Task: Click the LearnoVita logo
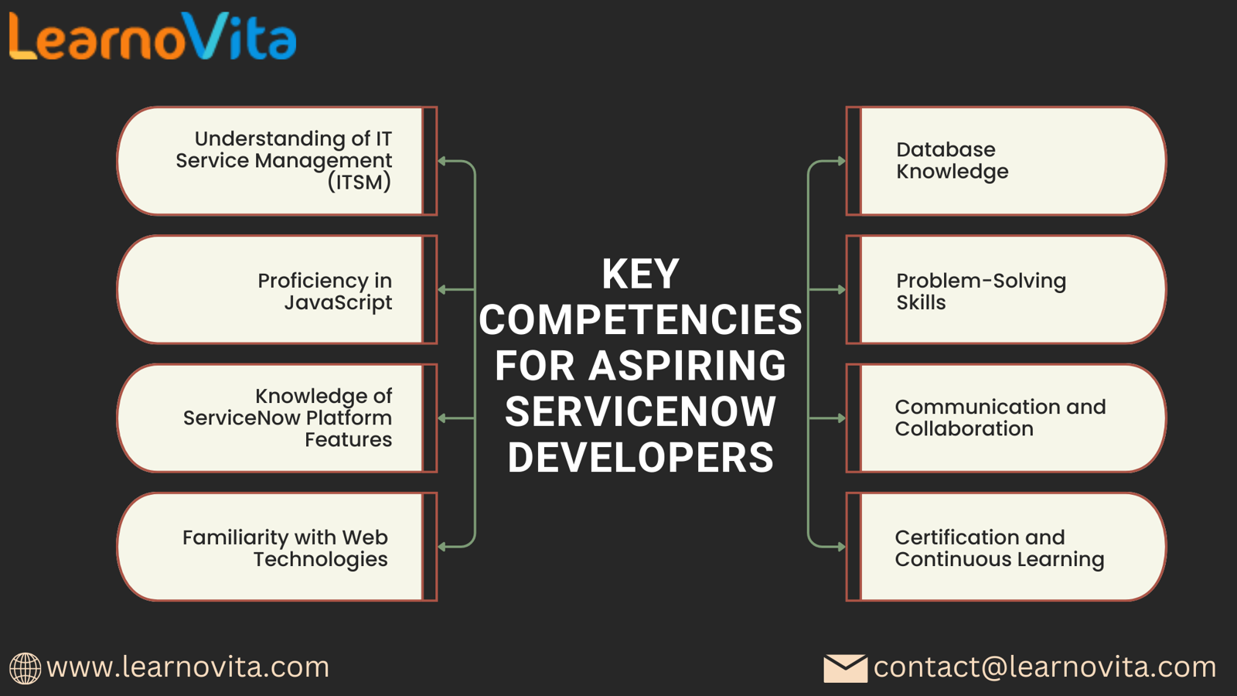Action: tap(152, 36)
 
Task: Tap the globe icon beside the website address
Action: tap(25, 668)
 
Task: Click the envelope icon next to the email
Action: tap(845, 668)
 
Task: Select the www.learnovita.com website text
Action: tap(188, 667)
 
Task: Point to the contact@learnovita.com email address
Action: tap(1044, 667)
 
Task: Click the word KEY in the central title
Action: tap(640, 274)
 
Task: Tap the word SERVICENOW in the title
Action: tap(640, 411)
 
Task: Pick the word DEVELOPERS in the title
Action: tap(641, 457)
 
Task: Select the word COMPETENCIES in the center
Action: tap(640, 320)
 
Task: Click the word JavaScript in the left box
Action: tap(338, 302)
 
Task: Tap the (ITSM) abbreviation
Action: tap(360, 182)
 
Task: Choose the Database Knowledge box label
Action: tap(952, 161)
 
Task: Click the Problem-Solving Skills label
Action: tap(981, 292)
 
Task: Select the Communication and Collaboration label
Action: tap(1000, 418)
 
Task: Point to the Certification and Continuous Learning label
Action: tap(1000, 548)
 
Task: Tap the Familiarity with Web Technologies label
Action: tap(285, 548)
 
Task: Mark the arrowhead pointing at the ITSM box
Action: tap(441, 162)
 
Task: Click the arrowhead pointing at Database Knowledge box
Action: tap(841, 162)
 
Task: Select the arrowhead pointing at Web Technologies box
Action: tap(441, 547)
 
